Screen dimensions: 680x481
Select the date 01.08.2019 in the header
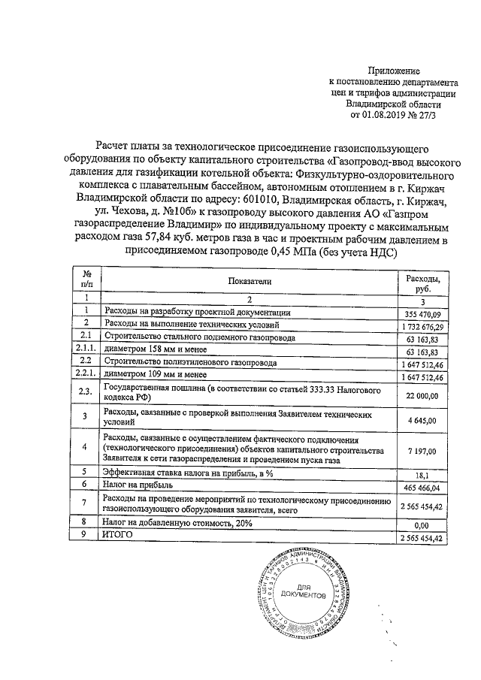tap(390, 116)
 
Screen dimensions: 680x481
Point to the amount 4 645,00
tap(431, 422)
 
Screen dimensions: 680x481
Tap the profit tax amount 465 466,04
tap(426, 488)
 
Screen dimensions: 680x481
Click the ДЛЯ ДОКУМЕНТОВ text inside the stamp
tap(302, 590)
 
